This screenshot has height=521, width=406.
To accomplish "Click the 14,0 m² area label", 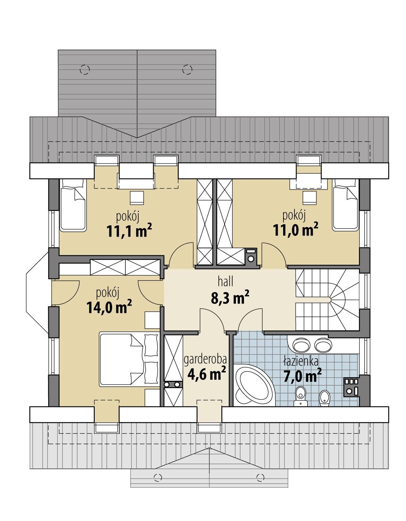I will pyautogui.click(x=109, y=307).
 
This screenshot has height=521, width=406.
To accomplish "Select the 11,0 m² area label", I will pyautogui.click(x=295, y=230).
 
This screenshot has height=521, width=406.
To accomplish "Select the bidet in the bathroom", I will pyautogui.click(x=324, y=397).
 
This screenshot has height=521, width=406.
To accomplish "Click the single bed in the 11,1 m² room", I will pyautogui.click(x=72, y=208).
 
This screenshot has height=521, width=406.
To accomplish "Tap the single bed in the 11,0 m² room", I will pyautogui.click(x=345, y=208).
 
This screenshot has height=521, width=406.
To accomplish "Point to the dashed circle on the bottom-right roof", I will pyautogui.click(x=260, y=476).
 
